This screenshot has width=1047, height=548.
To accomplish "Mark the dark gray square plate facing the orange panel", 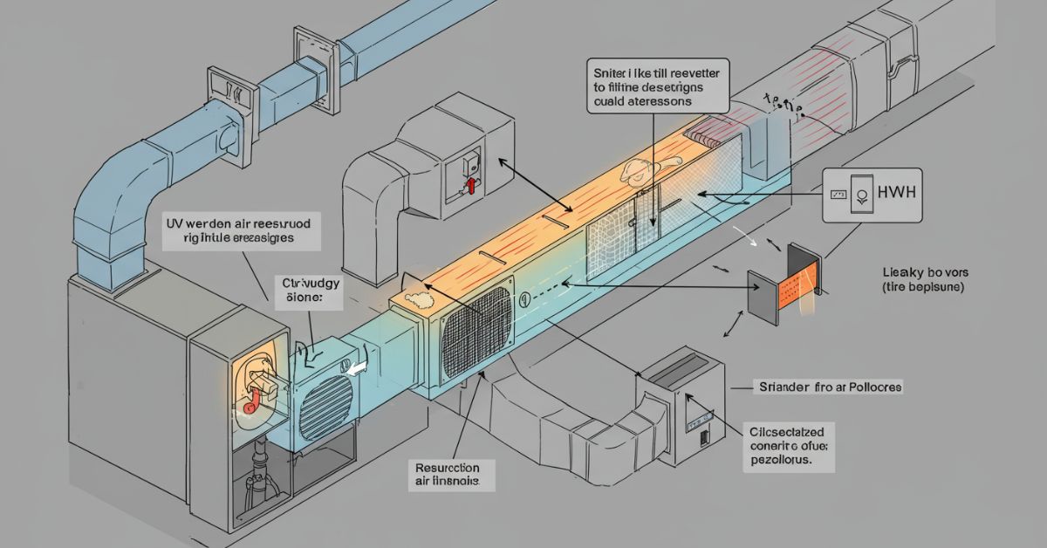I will pos(763,295).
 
